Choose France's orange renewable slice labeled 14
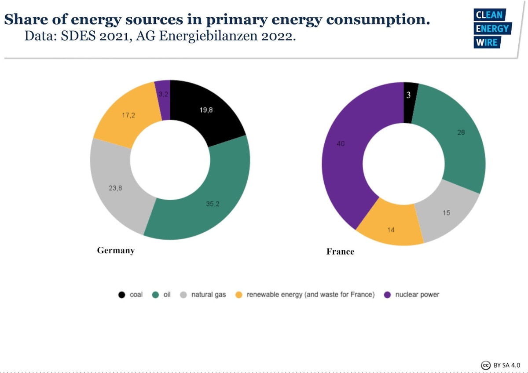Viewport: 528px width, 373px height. [391, 230]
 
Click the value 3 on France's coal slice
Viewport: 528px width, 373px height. [408, 95]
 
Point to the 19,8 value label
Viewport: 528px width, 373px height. [206, 110]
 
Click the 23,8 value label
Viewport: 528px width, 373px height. [115, 188]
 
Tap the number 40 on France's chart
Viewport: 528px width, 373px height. [341, 144]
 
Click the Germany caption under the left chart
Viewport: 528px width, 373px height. [116, 251]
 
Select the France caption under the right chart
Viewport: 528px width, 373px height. [340, 252]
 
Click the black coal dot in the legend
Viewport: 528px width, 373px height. [122, 295]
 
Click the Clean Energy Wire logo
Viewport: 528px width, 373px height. [491, 29]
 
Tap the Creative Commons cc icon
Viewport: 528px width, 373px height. [486, 365]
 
